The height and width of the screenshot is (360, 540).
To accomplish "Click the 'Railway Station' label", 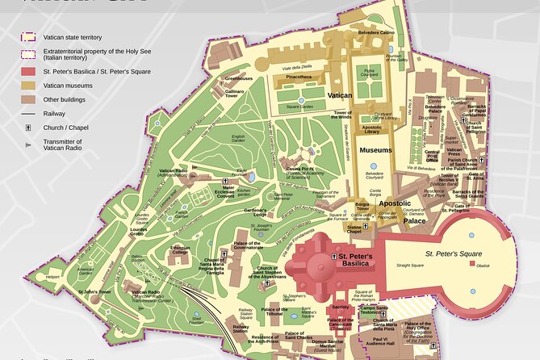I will [240, 328].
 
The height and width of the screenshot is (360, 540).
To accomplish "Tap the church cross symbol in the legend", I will [28, 128].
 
